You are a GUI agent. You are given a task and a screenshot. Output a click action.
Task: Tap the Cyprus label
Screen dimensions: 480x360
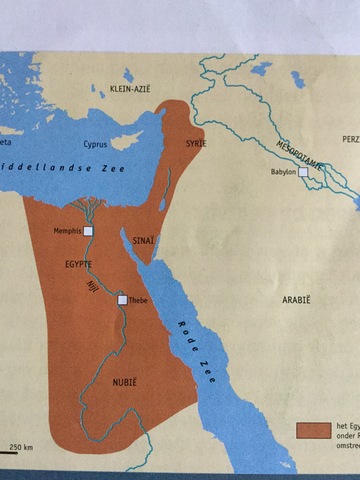pos(94,143)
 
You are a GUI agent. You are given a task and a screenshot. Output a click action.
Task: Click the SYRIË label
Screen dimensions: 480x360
pos(183,144)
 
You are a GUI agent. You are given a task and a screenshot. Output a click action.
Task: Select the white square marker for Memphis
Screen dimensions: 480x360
pos(88,231)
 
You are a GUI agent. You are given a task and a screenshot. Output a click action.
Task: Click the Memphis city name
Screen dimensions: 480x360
pos(66,231)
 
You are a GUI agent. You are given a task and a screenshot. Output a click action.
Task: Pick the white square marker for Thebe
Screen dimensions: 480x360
pos(122,299)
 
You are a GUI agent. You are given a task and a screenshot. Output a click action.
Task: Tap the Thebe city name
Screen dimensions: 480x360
pos(139,300)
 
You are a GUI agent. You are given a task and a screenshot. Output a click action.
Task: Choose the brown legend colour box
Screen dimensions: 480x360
pos(313,429)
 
